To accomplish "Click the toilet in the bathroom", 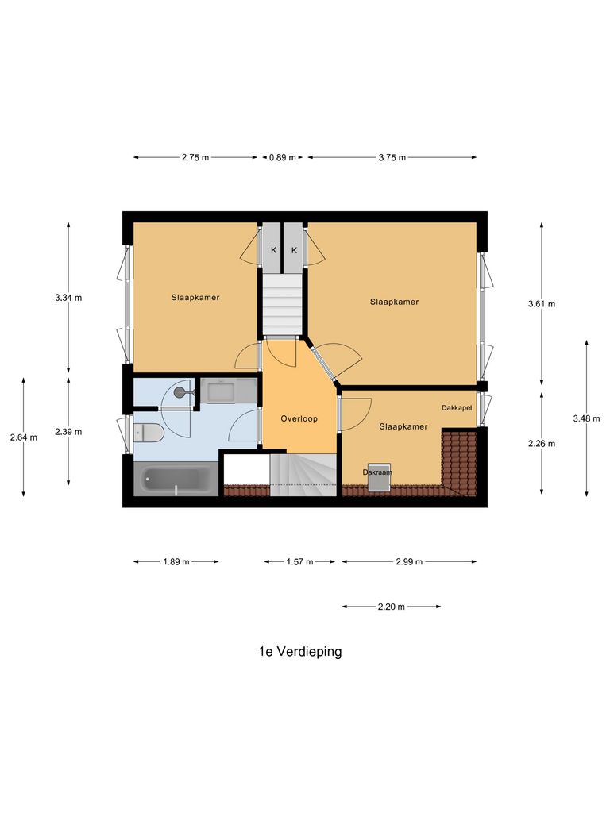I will (x=149, y=433).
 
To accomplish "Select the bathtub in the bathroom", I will (x=176, y=480).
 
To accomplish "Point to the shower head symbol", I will (x=180, y=391).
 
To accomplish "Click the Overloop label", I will (x=299, y=418).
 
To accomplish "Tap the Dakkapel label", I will (x=457, y=407).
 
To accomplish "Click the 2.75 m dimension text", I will (x=195, y=157).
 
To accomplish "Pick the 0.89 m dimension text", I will (x=282, y=157).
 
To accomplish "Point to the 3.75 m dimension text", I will (x=392, y=157).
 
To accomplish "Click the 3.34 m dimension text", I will (x=68, y=298).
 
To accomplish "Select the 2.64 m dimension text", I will (x=24, y=437).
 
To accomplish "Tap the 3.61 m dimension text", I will (x=542, y=304).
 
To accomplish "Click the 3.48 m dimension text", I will (x=586, y=418).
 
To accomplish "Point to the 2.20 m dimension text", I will (x=391, y=607).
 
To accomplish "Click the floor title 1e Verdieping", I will (x=299, y=652).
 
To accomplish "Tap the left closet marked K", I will (x=273, y=250).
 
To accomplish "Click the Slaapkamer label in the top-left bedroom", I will (x=195, y=298).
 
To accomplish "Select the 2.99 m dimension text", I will (x=409, y=562).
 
